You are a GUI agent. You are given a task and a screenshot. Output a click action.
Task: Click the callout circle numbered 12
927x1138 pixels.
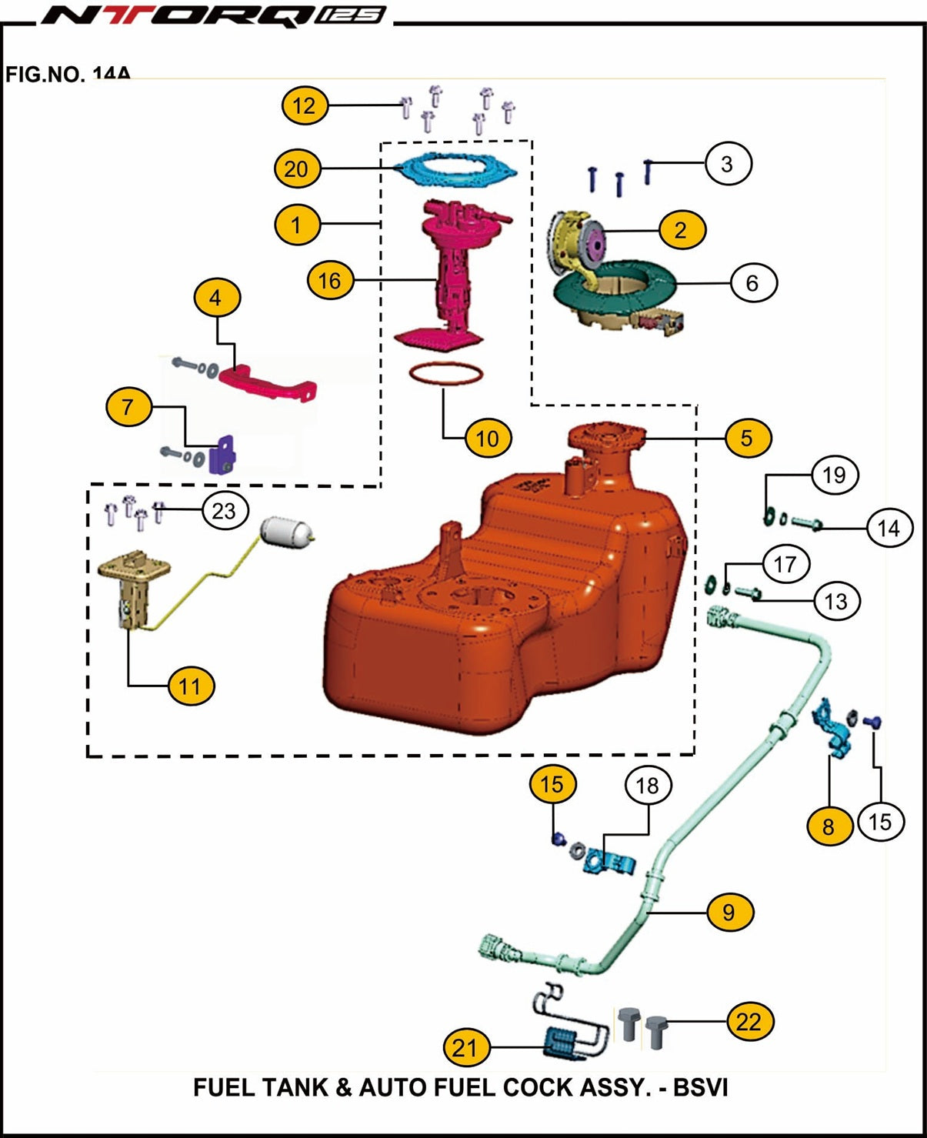pos(305,105)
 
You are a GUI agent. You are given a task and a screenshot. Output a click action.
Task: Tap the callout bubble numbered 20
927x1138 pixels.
pos(297,169)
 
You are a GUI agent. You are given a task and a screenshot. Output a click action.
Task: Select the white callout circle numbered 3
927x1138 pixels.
pos(726,163)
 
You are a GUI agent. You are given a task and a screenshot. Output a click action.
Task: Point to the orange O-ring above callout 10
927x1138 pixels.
pos(446,375)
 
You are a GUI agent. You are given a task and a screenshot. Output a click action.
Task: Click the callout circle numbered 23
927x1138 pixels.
pos(224,510)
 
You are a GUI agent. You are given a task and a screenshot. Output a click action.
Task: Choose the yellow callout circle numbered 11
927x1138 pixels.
pos(191,686)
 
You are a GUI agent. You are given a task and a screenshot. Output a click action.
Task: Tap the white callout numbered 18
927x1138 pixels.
pos(648,786)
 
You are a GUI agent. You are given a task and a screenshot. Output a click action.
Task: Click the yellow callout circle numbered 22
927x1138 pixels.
pos(749,1022)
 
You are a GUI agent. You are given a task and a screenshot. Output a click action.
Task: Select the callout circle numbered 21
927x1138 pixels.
pos(465,1047)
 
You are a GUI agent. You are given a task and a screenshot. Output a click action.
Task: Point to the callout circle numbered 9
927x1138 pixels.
pos(729,912)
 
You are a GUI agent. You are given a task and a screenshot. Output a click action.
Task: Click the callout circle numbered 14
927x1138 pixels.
pos(889,528)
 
